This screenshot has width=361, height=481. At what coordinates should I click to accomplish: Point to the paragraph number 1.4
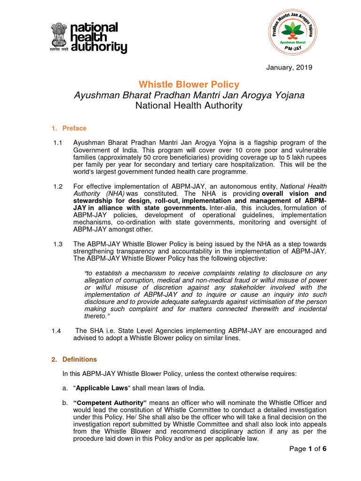(57, 331)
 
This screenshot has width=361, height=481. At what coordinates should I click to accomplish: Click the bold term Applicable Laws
(102, 388)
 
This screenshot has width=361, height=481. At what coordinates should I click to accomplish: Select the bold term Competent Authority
(110, 403)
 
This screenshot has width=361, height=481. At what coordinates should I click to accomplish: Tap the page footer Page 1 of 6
(308, 449)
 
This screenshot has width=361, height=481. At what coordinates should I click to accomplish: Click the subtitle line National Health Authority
(189, 106)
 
